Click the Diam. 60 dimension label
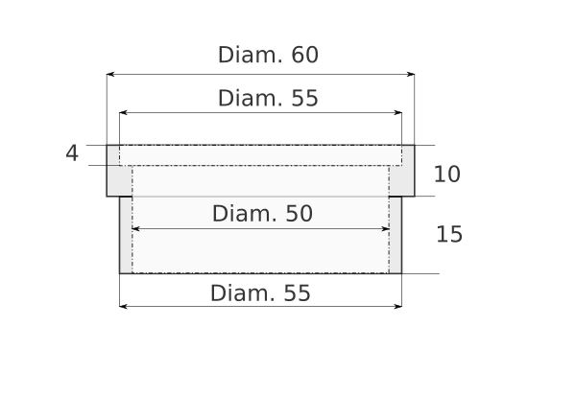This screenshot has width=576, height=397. click(268, 55)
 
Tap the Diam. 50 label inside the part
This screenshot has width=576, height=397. click(262, 214)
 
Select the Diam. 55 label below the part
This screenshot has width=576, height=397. click(260, 293)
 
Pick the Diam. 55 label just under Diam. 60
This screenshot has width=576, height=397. click(268, 99)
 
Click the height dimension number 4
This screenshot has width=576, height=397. click(72, 153)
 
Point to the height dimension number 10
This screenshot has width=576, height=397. click(447, 175)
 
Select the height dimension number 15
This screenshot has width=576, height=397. click(449, 234)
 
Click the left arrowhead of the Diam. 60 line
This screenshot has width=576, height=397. click(110, 75)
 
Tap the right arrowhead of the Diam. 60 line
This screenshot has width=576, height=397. click(411, 75)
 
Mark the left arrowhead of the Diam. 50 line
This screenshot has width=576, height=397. click(135, 229)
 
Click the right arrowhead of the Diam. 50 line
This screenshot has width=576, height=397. click(386, 229)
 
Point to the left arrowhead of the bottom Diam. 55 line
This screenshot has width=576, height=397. click(124, 306)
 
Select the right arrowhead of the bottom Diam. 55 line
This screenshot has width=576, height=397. click(398, 306)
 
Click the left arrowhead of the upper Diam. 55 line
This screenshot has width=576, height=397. click(124, 112)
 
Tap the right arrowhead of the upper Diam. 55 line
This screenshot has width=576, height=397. click(398, 112)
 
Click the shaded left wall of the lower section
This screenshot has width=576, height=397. click(126, 235)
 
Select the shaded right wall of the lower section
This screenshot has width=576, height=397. click(396, 235)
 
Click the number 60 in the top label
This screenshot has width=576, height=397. click(305, 55)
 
